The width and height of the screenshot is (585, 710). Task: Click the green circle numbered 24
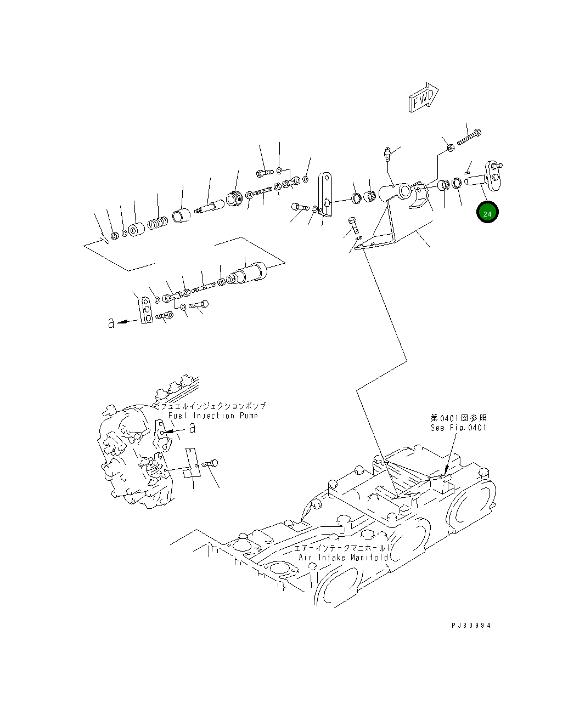(487, 212)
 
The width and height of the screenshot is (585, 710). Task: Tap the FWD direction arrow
(424, 97)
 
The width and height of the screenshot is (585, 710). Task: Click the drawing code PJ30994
(471, 625)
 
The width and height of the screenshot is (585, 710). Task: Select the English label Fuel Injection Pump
(213, 416)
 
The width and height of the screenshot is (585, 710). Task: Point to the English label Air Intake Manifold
(344, 558)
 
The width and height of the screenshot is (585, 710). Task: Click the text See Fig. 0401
(458, 428)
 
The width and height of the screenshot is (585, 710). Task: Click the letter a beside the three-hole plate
(111, 323)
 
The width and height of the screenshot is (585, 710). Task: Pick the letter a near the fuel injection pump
(193, 428)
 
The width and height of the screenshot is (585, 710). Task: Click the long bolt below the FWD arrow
(469, 137)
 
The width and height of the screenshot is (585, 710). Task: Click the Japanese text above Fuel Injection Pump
(213, 406)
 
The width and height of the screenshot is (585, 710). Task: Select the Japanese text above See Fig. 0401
(459, 418)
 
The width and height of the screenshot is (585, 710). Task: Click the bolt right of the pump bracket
(210, 464)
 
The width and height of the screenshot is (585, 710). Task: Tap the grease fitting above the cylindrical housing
(387, 154)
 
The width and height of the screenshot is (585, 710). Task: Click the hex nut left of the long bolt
(450, 147)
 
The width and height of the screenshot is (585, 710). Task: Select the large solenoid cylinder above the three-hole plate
(246, 273)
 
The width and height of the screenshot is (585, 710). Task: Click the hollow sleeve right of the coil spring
(181, 216)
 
